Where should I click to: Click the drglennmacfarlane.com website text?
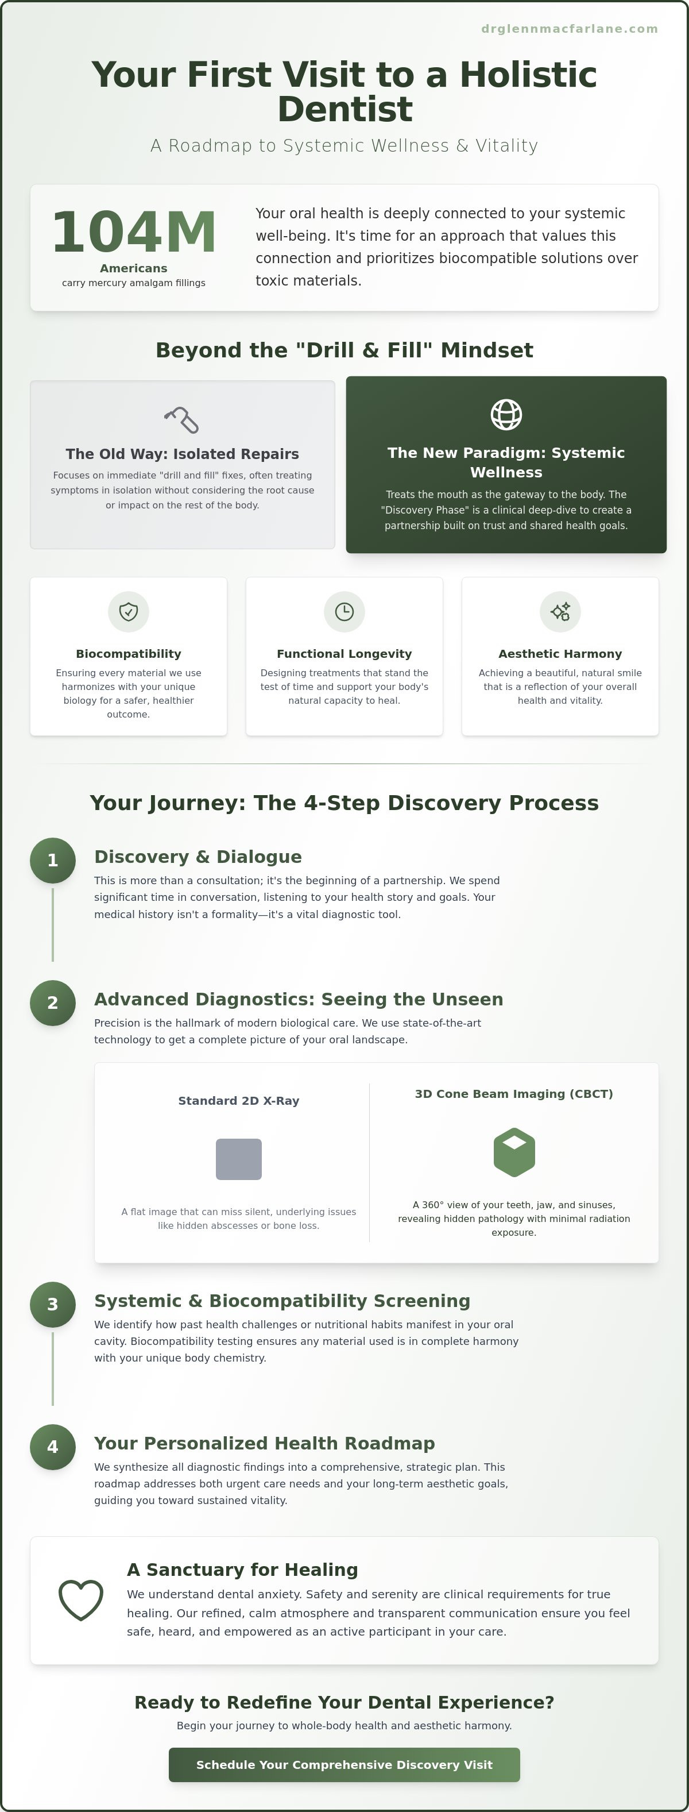click(570, 29)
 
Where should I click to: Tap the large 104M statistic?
click(134, 232)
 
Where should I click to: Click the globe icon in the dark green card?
click(506, 414)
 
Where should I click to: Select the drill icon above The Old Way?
click(182, 420)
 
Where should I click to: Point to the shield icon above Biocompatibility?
click(128, 612)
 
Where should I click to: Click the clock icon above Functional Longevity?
click(344, 612)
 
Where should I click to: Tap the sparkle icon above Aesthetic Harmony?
click(560, 612)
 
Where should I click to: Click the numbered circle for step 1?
click(53, 860)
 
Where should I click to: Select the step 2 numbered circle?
click(53, 1003)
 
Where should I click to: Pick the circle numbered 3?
click(53, 1304)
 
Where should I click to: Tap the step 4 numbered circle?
click(53, 1447)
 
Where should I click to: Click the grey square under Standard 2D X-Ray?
click(239, 1159)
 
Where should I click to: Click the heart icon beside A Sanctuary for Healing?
click(81, 1600)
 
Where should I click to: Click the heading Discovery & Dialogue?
click(198, 857)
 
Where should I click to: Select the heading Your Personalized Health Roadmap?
click(264, 1443)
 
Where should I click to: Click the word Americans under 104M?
click(134, 268)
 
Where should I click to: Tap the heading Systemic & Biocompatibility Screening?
click(282, 1301)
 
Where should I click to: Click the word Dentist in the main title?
click(344, 109)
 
